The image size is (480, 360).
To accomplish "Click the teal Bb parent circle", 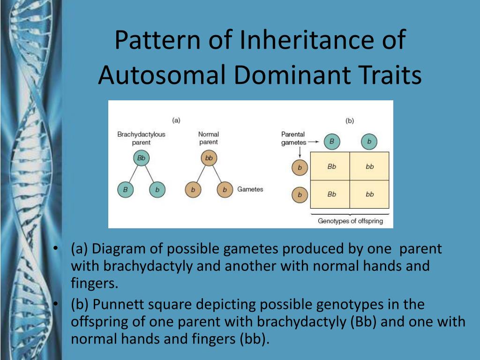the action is [x=141, y=158].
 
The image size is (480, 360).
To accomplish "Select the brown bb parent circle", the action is [x=209, y=158].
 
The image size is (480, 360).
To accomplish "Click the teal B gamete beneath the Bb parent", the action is [x=125, y=190].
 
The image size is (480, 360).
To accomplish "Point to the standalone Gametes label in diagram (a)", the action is [x=250, y=189].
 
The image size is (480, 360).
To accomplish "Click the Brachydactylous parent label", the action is [x=141, y=138].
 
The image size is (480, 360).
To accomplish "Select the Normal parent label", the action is [x=209, y=138].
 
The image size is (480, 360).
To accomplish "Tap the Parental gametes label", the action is [x=293, y=138].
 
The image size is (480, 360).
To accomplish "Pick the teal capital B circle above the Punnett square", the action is [x=332, y=142].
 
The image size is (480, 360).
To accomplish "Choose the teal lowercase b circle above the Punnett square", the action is [x=369, y=142].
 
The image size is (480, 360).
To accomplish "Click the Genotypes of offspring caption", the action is [x=350, y=221].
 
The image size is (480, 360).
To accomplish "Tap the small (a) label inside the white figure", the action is [x=176, y=120].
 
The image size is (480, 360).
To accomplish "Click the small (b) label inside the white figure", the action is [x=350, y=120].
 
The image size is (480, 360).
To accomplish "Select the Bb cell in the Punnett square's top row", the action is [x=331, y=166].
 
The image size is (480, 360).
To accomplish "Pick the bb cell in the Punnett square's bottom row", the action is [x=369, y=194].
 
